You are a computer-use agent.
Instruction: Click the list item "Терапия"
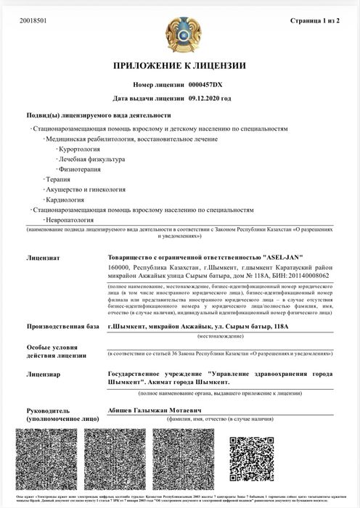click(x=57, y=179)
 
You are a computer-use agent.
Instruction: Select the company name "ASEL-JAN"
click(x=282, y=257)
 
